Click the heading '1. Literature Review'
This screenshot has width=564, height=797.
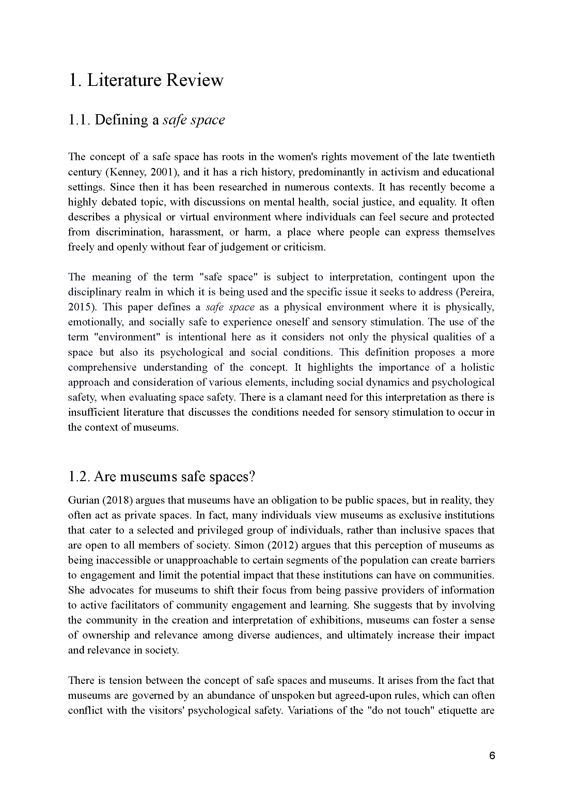coord(146,80)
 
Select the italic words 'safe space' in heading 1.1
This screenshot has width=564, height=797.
coord(194,120)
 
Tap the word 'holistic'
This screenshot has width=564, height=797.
coord(477,367)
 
